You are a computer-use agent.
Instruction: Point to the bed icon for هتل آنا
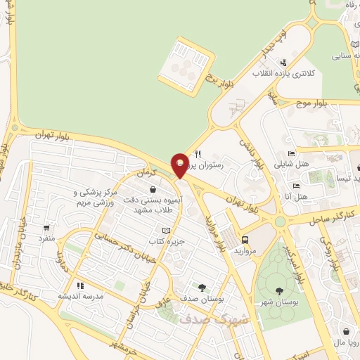point(296,186)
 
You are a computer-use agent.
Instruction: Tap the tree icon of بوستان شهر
point(280,290)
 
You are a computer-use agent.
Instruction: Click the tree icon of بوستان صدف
point(202,287)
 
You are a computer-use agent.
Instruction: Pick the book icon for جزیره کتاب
point(166,231)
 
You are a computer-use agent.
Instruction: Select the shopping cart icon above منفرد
point(47,228)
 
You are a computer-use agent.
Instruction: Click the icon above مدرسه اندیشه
point(80,285)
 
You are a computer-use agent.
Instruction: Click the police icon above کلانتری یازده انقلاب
point(283,63)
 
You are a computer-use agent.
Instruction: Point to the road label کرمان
point(145,173)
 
